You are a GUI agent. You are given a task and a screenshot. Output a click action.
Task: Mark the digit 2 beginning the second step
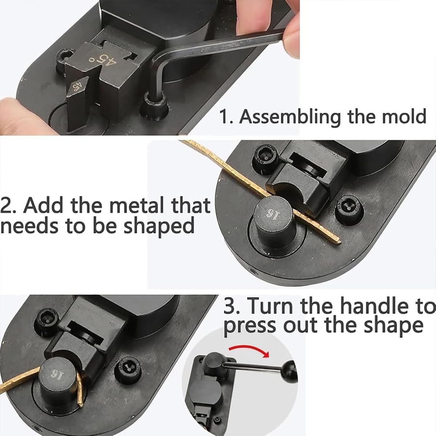(x=7, y=206)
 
